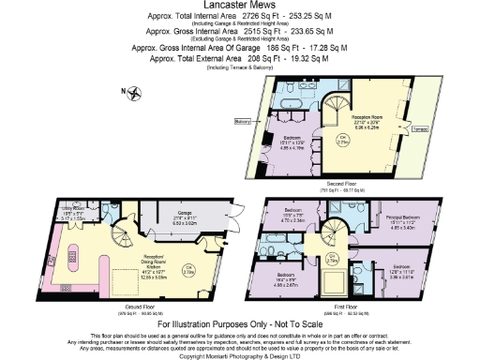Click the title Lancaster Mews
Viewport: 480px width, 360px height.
click(x=239, y=6)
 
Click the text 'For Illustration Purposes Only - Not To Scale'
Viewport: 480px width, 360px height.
click(x=239, y=323)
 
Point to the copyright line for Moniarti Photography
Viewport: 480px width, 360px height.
click(x=239, y=355)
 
